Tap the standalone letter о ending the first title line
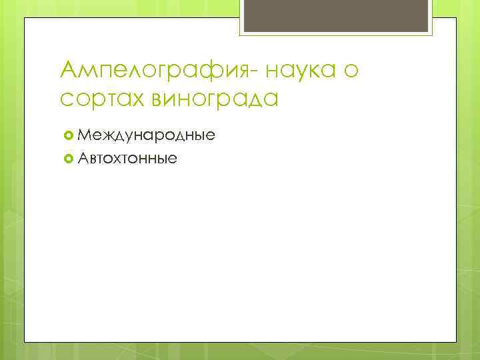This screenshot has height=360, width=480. click(x=351, y=70)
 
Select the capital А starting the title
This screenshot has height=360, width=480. click(x=68, y=68)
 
